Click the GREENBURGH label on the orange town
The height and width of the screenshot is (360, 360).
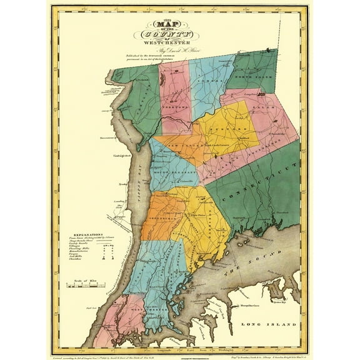coord(161,219)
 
